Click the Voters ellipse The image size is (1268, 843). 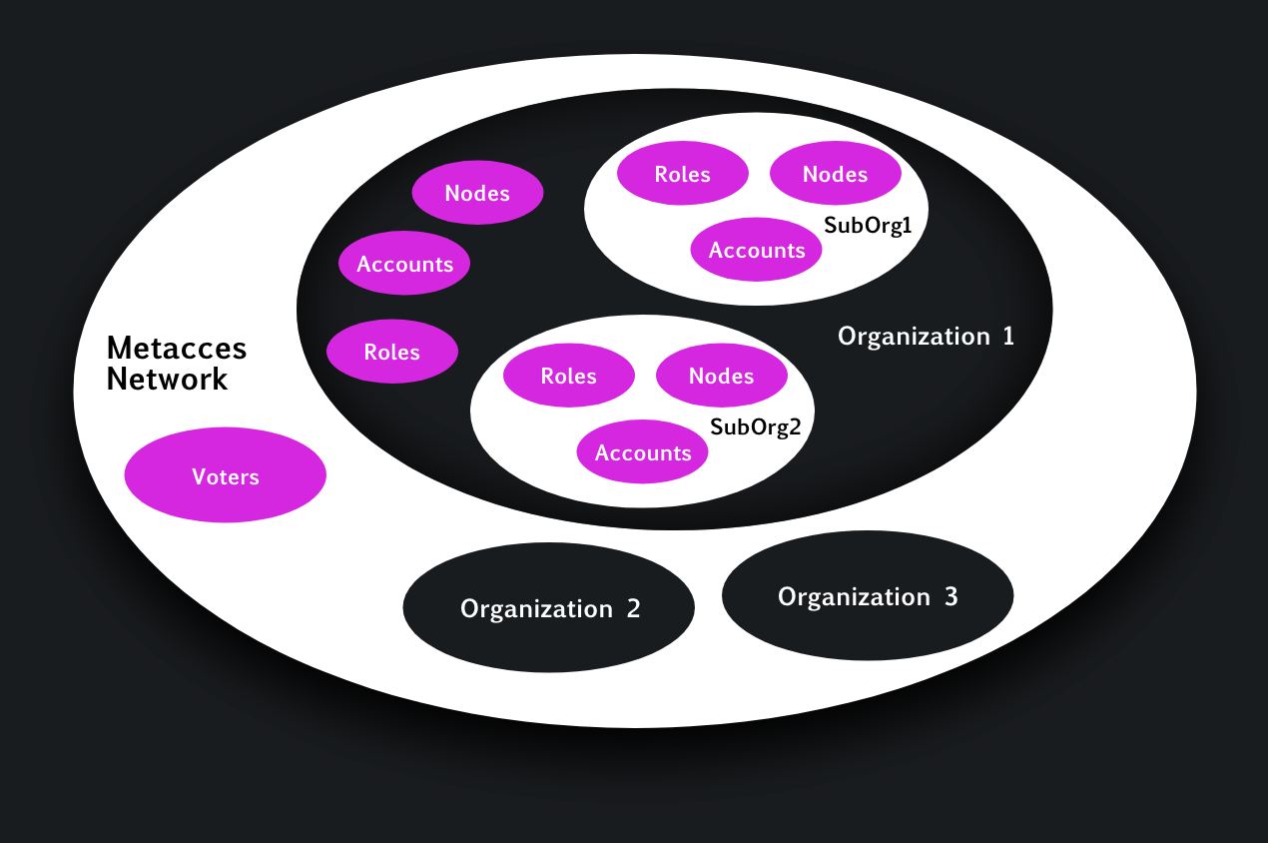tap(226, 475)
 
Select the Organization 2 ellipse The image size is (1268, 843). tap(548, 607)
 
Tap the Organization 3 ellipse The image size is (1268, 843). tap(867, 595)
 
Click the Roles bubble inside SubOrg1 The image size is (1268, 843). tap(683, 174)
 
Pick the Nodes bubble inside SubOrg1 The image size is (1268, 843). tap(835, 174)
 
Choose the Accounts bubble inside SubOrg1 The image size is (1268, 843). tap(756, 250)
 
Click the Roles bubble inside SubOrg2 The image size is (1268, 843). tap(568, 376)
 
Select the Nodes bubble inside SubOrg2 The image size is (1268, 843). tap(721, 376)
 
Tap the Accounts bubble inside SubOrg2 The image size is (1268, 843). tap(642, 452)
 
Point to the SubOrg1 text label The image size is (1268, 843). tap(868, 226)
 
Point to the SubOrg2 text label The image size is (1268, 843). tap(755, 427)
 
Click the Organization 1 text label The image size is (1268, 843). tap(926, 337)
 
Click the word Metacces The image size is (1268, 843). tap(177, 349)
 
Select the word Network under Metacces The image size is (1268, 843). tap(167, 380)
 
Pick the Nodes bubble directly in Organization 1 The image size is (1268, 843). tap(477, 193)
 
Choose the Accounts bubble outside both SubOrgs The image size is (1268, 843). tap(404, 264)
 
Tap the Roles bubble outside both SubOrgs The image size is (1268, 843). tap(392, 352)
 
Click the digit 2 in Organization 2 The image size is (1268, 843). tap(633, 608)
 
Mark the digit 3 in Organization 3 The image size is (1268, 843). tap(951, 596)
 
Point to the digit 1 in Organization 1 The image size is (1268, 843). tap(1008, 337)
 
